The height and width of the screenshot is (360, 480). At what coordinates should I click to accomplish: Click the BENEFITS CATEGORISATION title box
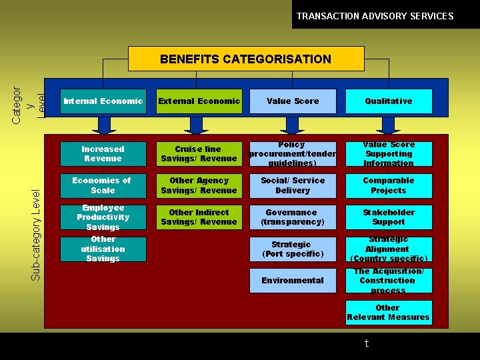[x=245, y=59]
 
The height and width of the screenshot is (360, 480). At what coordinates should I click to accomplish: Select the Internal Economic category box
[x=103, y=101]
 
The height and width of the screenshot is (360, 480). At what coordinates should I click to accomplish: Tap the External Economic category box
[x=199, y=101]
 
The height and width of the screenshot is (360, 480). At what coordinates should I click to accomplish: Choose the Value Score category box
[x=293, y=101]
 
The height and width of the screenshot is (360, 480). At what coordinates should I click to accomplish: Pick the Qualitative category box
[x=388, y=101]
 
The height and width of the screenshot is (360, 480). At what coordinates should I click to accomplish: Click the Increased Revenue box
[x=103, y=154]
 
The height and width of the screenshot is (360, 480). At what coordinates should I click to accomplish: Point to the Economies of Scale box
[x=103, y=185]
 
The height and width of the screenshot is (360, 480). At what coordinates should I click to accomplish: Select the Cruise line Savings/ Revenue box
[x=199, y=154]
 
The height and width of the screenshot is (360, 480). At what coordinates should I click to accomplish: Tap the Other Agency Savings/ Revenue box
[x=199, y=185]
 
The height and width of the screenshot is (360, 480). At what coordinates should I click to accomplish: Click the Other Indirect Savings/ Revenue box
[x=199, y=217]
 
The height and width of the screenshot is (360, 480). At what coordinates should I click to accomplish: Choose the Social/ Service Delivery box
[x=293, y=185]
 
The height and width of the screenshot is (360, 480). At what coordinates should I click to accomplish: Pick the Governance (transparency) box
[x=293, y=217]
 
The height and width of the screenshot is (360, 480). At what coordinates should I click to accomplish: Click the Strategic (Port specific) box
[x=293, y=249]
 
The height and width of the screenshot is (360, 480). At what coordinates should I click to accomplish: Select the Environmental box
[x=293, y=281]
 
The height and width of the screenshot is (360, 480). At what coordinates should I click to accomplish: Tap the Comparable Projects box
[x=388, y=185]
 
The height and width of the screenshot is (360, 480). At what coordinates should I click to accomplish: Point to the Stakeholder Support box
[x=388, y=217]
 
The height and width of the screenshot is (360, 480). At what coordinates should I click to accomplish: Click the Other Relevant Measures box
[x=388, y=313]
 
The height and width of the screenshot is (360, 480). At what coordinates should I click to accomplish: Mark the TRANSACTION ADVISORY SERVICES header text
[x=375, y=16]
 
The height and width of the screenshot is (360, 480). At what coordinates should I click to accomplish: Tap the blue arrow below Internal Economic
[x=104, y=125]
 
